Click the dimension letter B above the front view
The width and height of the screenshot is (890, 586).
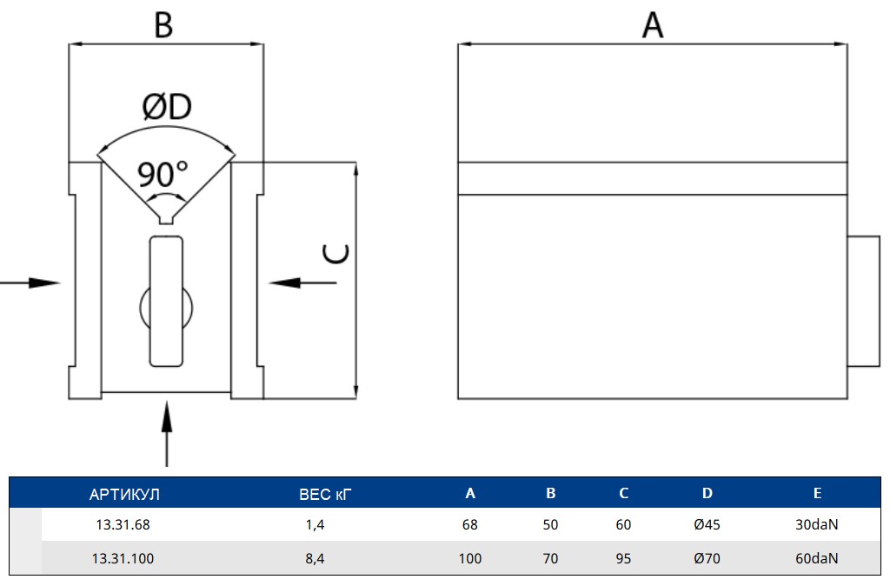(x=163, y=25)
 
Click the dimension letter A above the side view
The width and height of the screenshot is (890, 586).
(x=653, y=25)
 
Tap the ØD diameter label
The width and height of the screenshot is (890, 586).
(x=167, y=107)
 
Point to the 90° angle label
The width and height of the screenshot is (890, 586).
(x=163, y=175)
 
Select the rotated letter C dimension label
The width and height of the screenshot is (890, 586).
(x=335, y=254)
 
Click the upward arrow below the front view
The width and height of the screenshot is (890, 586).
(x=166, y=434)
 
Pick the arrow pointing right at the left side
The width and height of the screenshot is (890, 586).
(x=30, y=283)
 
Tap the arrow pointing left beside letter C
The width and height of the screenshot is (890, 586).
(x=302, y=283)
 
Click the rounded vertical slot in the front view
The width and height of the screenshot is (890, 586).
(x=166, y=302)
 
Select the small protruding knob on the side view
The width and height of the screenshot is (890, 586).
(x=863, y=302)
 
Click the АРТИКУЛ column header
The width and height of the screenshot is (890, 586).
(x=124, y=494)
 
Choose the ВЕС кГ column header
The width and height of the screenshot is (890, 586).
(x=325, y=494)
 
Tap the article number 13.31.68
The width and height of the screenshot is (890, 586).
(x=123, y=524)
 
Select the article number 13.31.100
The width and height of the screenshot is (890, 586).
(x=123, y=558)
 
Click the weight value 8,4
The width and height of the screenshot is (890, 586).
(x=315, y=559)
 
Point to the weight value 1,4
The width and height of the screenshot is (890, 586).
(x=315, y=524)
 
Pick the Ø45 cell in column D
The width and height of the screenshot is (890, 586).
(x=707, y=524)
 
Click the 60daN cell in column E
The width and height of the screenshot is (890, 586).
(x=817, y=558)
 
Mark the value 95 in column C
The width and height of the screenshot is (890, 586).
(x=623, y=558)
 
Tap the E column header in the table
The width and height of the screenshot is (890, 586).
(x=817, y=493)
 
